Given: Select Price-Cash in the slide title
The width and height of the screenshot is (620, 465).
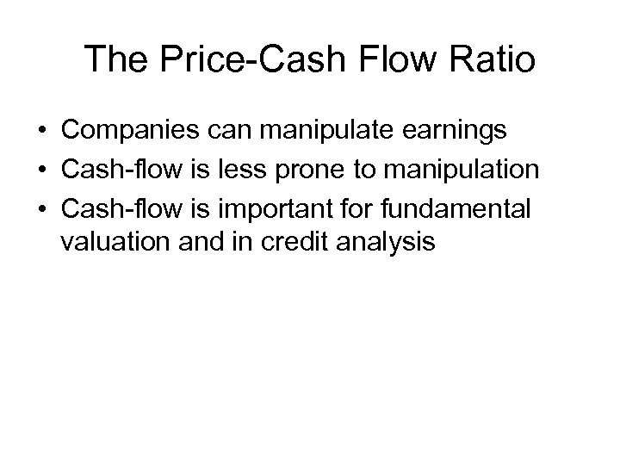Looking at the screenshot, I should pyautogui.click(x=253, y=59).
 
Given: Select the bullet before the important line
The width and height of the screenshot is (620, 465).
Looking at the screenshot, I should pyautogui.click(x=40, y=208).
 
